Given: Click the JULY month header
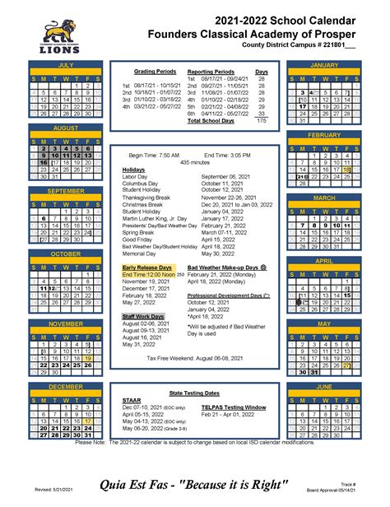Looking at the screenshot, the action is (x=66, y=64).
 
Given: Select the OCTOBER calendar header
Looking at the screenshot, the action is (x=66, y=254).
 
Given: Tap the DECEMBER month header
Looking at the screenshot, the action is (x=66, y=385).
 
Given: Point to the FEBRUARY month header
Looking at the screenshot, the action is (x=323, y=134).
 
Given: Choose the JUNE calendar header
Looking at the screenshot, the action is (x=323, y=385).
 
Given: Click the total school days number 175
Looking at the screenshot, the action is (x=262, y=121).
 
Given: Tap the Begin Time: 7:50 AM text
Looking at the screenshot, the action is (x=154, y=155).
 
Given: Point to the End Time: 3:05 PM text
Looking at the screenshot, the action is (x=229, y=155).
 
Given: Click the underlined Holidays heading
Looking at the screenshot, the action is (x=133, y=170).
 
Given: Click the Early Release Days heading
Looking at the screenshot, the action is (x=147, y=267).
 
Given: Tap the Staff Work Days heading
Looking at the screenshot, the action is (x=143, y=316).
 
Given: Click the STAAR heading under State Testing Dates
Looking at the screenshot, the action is (x=132, y=400).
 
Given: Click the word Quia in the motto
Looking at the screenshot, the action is (x=118, y=482).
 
